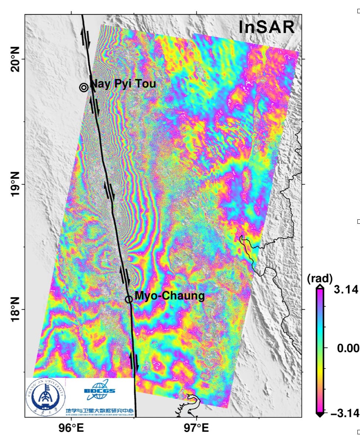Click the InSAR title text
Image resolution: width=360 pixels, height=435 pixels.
point(266,28)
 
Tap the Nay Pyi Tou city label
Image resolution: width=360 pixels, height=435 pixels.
point(123,84)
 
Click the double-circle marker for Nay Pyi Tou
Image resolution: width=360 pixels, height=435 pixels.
point(84,87)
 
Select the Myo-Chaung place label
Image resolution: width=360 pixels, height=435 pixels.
point(169,295)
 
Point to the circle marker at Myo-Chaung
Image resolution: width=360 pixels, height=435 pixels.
point(129,299)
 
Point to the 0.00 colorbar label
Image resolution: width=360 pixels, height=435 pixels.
point(348,348)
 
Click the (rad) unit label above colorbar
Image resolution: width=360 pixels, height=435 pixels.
point(320,277)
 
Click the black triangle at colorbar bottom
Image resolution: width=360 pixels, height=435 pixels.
point(320,415)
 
